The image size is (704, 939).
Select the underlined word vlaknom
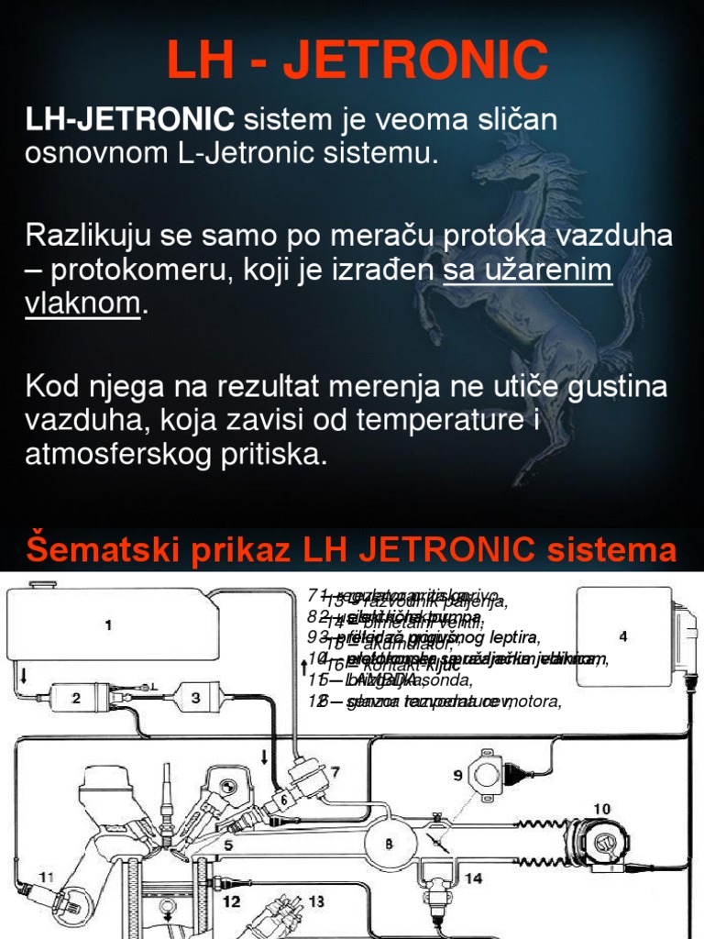(82, 304)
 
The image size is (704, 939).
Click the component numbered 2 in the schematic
(77, 699)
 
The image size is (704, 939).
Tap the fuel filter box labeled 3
(195, 698)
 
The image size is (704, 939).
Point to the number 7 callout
(335, 773)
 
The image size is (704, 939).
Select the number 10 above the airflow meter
(600, 808)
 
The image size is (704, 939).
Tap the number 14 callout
(473, 878)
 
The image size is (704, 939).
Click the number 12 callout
(233, 901)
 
